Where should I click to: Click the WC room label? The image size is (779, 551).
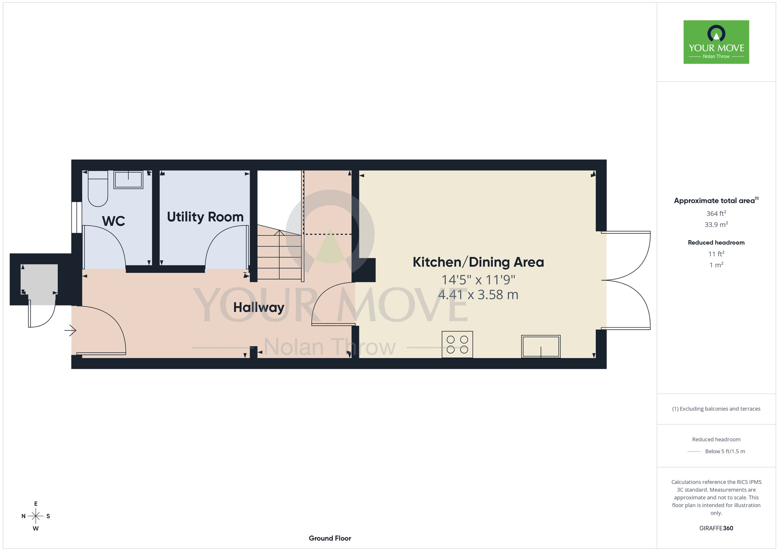click(113, 221)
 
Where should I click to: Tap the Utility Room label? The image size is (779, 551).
click(205, 217)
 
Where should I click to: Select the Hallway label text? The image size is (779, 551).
click(259, 307)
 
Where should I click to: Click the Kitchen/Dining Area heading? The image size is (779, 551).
click(478, 262)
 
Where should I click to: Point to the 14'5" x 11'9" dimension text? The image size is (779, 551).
click(478, 280)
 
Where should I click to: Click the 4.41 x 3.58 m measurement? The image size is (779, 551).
click(478, 295)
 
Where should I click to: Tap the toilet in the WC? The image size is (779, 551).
click(98, 189)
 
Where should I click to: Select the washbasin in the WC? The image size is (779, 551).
click(128, 180)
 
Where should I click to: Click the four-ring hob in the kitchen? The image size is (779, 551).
click(457, 344)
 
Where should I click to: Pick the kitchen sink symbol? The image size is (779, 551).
click(541, 346)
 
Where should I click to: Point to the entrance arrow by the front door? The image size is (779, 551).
click(70, 330)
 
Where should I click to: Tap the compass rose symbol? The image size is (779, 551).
click(36, 516)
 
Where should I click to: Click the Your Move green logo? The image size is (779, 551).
click(716, 42)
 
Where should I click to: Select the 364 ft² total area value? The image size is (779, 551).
click(716, 214)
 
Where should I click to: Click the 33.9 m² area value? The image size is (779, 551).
click(716, 224)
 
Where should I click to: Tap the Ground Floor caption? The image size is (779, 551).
click(330, 538)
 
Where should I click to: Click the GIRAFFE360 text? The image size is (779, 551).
click(716, 528)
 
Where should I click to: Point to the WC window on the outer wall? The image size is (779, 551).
click(77, 217)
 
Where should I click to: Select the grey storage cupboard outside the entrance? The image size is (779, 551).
click(39, 284)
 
